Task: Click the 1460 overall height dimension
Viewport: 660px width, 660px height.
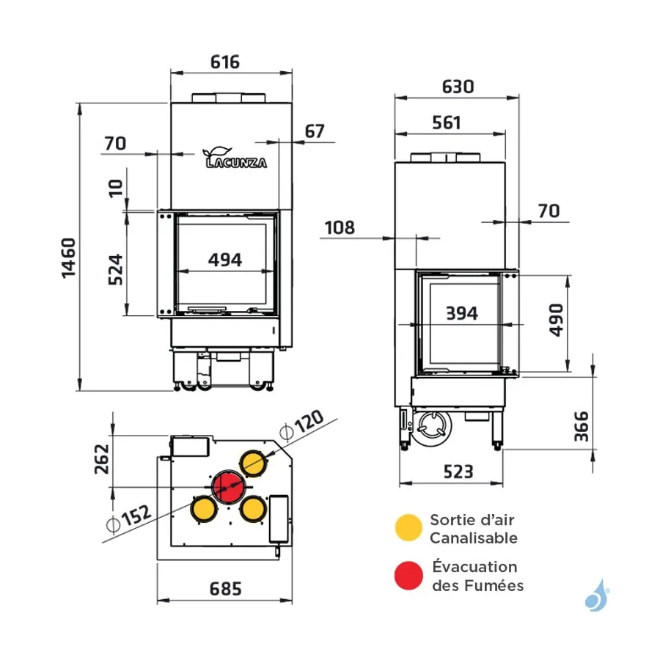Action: pos(69,258)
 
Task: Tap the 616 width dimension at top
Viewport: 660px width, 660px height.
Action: pos(225,62)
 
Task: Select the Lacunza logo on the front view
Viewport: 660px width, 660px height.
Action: pos(235,158)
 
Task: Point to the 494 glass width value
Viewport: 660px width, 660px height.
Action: pos(225,260)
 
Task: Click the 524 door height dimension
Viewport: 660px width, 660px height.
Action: pos(115,269)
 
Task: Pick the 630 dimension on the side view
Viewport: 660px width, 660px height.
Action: pos(458,87)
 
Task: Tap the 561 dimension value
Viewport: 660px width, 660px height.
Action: pos(447,123)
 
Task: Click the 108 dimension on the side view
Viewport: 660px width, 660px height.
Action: pos(340,228)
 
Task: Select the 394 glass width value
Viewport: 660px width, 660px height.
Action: pos(462,313)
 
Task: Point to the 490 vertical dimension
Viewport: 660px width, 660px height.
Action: pos(556,320)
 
